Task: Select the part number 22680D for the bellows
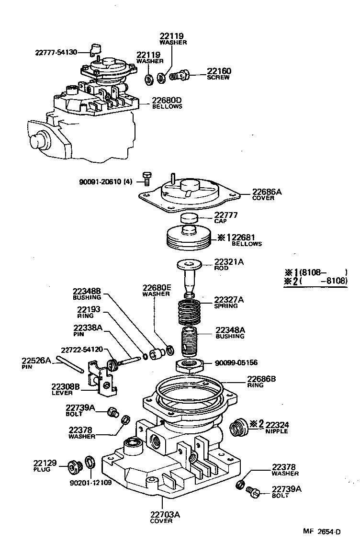tap(167, 100)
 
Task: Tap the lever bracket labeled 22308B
tap(103, 381)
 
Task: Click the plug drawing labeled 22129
tap(73, 465)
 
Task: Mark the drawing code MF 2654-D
tap(321, 532)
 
